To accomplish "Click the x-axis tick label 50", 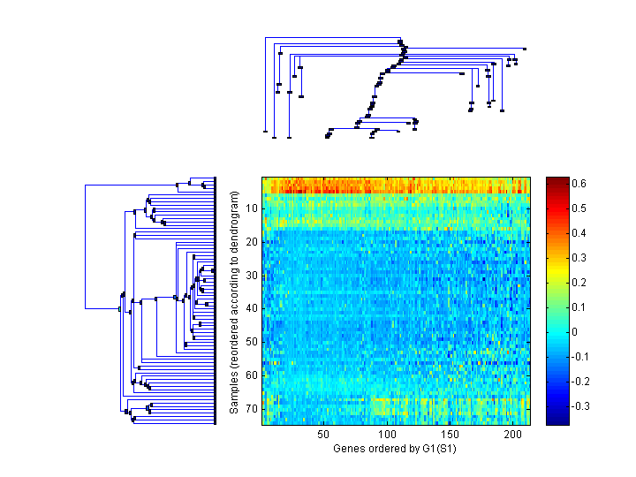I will click(x=323, y=435).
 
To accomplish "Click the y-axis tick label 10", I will click(x=252, y=208).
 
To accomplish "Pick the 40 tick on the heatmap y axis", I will click(x=252, y=308).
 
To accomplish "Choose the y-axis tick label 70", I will click(x=252, y=408).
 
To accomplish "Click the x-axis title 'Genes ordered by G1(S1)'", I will click(x=395, y=449).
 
